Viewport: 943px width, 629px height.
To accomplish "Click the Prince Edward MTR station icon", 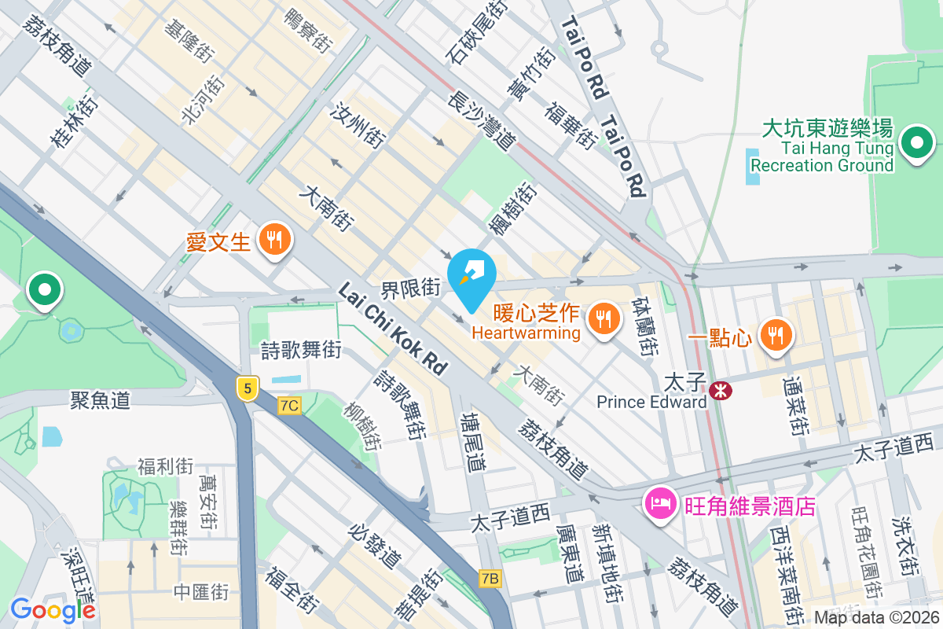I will coord(718,390).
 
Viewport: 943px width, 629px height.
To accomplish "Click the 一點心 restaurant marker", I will coord(776,336).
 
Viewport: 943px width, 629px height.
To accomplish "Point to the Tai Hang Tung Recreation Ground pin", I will coord(916,144).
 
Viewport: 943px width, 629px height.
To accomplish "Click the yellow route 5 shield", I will coord(248,388).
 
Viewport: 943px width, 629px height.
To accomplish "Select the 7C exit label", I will coord(289,406).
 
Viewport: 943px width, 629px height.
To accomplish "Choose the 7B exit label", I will coord(490,579).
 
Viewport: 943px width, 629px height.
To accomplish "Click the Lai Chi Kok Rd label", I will coord(392,329).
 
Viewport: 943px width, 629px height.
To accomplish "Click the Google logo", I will coord(53,609).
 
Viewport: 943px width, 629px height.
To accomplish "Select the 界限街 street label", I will coord(411,288).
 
